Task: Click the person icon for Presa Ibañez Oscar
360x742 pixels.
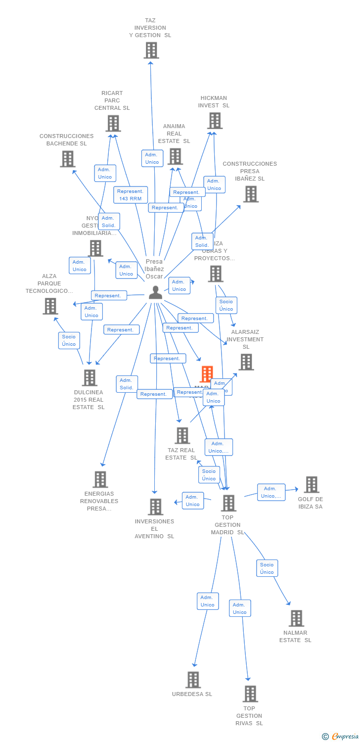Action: tap(155, 292)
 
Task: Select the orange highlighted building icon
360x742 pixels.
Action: tap(207, 374)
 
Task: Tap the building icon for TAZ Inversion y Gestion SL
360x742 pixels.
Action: tap(151, 50)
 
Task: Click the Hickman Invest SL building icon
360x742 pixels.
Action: tap(215, 121)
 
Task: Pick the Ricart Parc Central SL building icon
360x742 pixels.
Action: tap(113, 124)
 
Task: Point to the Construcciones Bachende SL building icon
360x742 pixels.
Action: tap(68, 159)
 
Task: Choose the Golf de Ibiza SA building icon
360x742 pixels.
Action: tap(311, 485)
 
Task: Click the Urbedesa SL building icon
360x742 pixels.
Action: tap(193, 680)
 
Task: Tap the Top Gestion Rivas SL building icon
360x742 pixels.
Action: tap(250, 694)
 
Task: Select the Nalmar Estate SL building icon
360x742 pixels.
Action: tap(296, 618)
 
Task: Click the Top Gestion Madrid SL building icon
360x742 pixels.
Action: tap(228, 503)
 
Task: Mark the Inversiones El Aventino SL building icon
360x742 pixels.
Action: tap(155, 507)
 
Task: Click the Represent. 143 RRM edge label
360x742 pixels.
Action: tap(130, 195)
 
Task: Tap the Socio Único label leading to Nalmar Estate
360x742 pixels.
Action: tap(267, 568)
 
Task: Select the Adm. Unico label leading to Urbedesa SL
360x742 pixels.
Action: tap(207, 601)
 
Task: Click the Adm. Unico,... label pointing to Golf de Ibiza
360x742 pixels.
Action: tap(271, 492)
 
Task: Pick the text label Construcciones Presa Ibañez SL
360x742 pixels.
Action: tap(250, 171)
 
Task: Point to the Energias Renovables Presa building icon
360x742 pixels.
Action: tap(100, 479)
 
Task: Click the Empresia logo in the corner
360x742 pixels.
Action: tap(340, 736)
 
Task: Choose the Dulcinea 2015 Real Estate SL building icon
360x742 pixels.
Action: tap(90, 378)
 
